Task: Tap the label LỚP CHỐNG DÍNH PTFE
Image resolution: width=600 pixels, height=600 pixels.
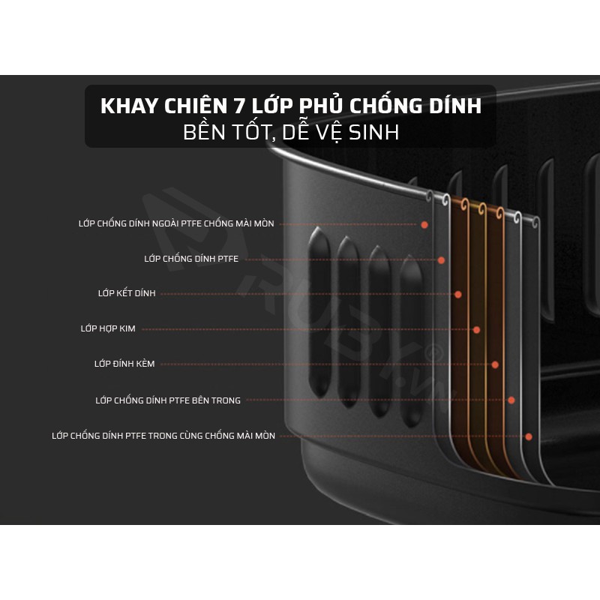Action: (x=191, y=259)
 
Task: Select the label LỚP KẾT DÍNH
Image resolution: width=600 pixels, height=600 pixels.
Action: (x=127, y=293)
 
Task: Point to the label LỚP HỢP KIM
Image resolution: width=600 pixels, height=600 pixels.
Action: (x=108, y=328)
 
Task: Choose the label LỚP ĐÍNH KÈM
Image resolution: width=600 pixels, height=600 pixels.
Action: (x=124, y=364)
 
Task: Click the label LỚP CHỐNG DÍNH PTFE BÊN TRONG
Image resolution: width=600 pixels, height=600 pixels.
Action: (x=168, y=400)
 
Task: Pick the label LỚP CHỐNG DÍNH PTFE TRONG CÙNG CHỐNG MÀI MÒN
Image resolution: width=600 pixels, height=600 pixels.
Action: (x=163, y=436)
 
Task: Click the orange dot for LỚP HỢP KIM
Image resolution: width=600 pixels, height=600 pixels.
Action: (x=476, y=329)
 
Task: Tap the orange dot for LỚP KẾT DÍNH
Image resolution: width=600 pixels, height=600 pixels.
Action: (x=458, y=294)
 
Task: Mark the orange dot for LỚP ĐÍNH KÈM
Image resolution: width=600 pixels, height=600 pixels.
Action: (x=495, y=364)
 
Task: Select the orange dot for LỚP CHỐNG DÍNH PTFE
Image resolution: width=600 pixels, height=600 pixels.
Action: (x=441, y=260)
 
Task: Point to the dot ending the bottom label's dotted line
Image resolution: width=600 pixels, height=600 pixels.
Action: (x=529, y=436)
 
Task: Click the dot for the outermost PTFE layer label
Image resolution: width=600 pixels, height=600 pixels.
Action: (x=424, y=224)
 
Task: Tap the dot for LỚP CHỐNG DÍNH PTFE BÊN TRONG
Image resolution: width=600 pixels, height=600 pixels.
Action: (x=511, y=400)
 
